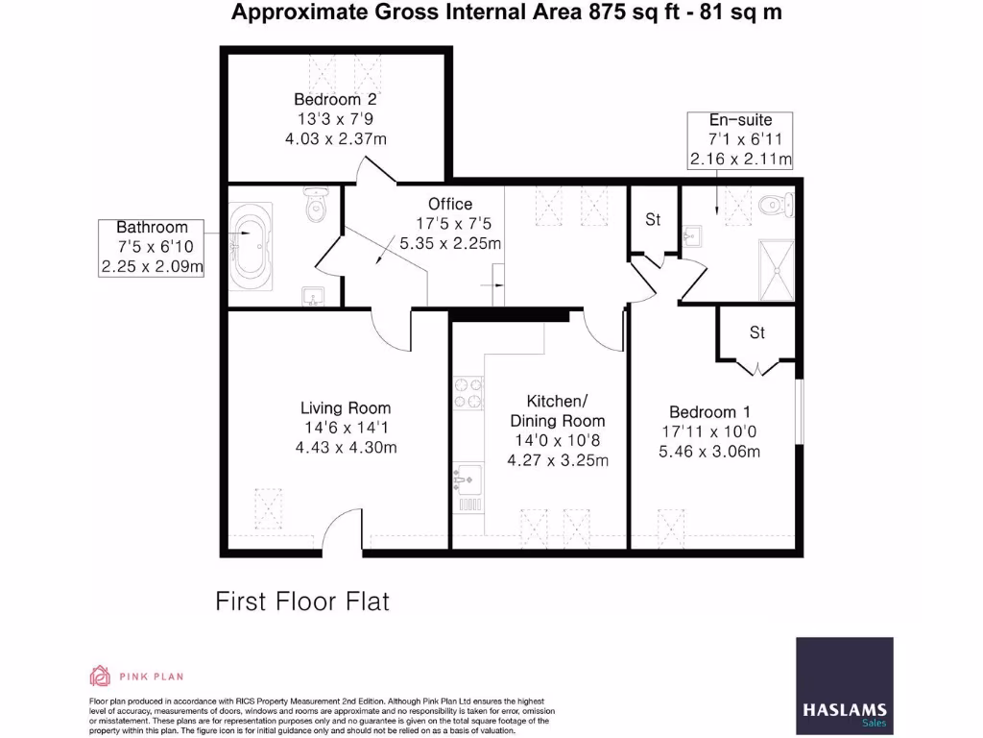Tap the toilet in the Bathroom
pos(316,206)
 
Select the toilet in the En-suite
pos(775,205)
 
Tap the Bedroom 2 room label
pos(335,99)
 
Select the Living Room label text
pos(346,407)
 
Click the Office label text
pos(450,204)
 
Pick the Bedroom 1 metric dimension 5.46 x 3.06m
pos(709,451)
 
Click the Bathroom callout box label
pos(153,228)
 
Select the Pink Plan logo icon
pos(99,675)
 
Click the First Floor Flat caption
pos(302,602)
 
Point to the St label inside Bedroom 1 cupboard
pos(757,333)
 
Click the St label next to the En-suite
pos(653,220)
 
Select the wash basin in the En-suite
pos(692,236)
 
